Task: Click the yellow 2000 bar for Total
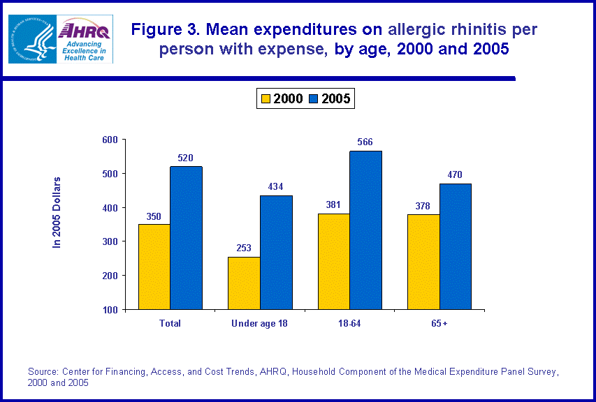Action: point(154,267)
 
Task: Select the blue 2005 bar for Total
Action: point(186,237)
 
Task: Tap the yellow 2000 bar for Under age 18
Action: point(244,283)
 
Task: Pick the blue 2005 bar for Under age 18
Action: point(276,252)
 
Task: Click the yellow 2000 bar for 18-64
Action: point(333,261)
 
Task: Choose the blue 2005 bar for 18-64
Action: point(365,230)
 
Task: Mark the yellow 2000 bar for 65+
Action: point(423,262)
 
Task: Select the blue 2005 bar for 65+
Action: point(455,246)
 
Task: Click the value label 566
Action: point(365,142)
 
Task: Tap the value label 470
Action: point(455,175)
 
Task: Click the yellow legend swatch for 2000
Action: point(266,99)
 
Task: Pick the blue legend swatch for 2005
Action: point(314,99)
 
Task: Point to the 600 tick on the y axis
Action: point(110,140)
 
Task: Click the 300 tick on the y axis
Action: point(110,241)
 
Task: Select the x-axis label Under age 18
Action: point(260,323)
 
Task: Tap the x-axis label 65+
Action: point(439,323)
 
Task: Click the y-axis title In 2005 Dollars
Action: point(58,213)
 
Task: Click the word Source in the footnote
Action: point(43,371)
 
